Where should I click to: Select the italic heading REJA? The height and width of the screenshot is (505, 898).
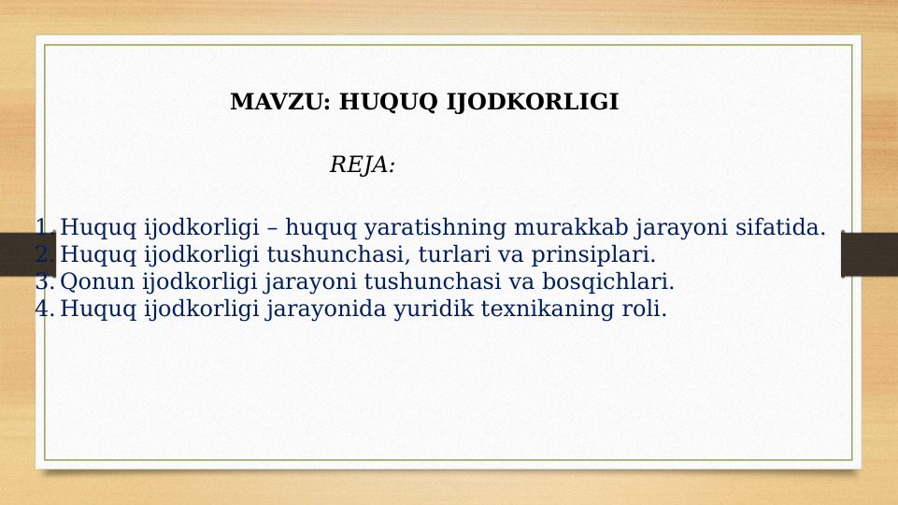[x=362, y=166]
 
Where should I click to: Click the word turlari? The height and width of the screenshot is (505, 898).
[x=444, y=254]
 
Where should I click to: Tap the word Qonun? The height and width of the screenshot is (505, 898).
[x=97, y=281]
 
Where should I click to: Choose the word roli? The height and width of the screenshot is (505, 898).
[x=644, y=309]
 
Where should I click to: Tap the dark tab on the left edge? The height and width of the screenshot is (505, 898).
[x=27, y=254]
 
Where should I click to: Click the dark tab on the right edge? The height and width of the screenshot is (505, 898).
[x=869, y=254]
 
